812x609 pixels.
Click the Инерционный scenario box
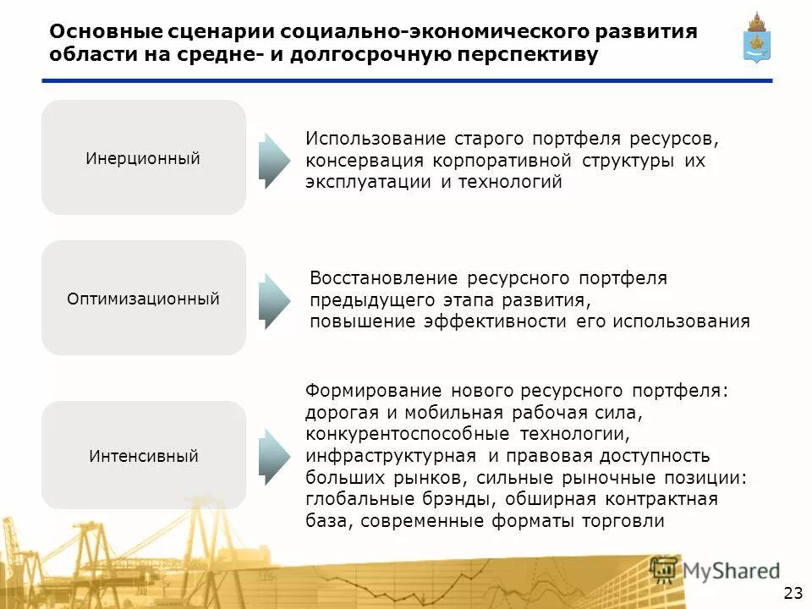[x=143, y=157]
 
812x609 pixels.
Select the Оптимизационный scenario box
[x=143, y=298]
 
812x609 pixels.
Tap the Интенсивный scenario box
[x=143, y=455]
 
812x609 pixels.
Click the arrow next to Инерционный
[x=274, y=160]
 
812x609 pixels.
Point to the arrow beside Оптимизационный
[x=274, y=300]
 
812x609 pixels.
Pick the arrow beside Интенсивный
[x=274, y=456]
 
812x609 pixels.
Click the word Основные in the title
[x=103, y=32]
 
